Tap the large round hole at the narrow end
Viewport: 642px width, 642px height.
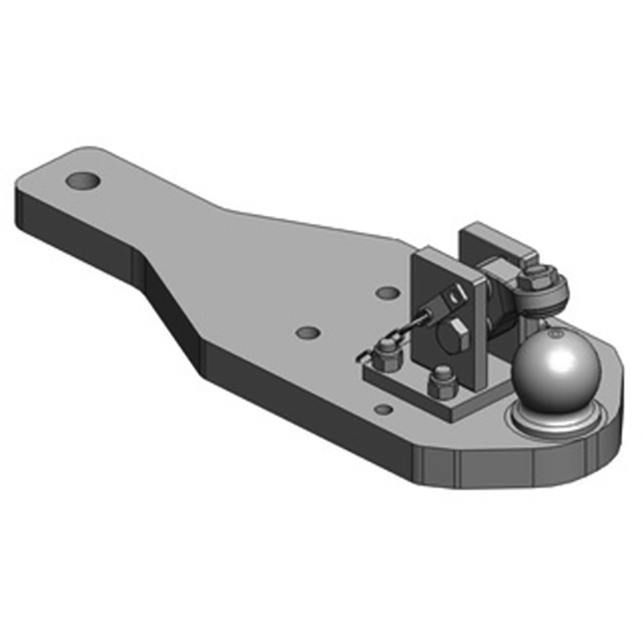83,181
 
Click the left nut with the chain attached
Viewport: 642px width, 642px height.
386,354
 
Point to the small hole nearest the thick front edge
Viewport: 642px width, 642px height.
384,410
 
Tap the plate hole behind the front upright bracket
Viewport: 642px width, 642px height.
387,292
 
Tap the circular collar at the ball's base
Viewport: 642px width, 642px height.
554,421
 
